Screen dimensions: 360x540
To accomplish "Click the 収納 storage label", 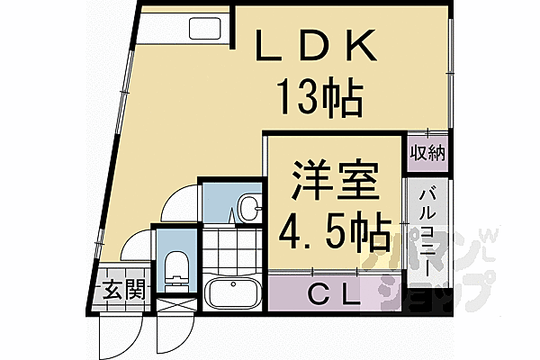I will pyautogui.click(x=428, y=152).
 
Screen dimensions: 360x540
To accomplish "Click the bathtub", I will pyautogui.click(x=233, y=293).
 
